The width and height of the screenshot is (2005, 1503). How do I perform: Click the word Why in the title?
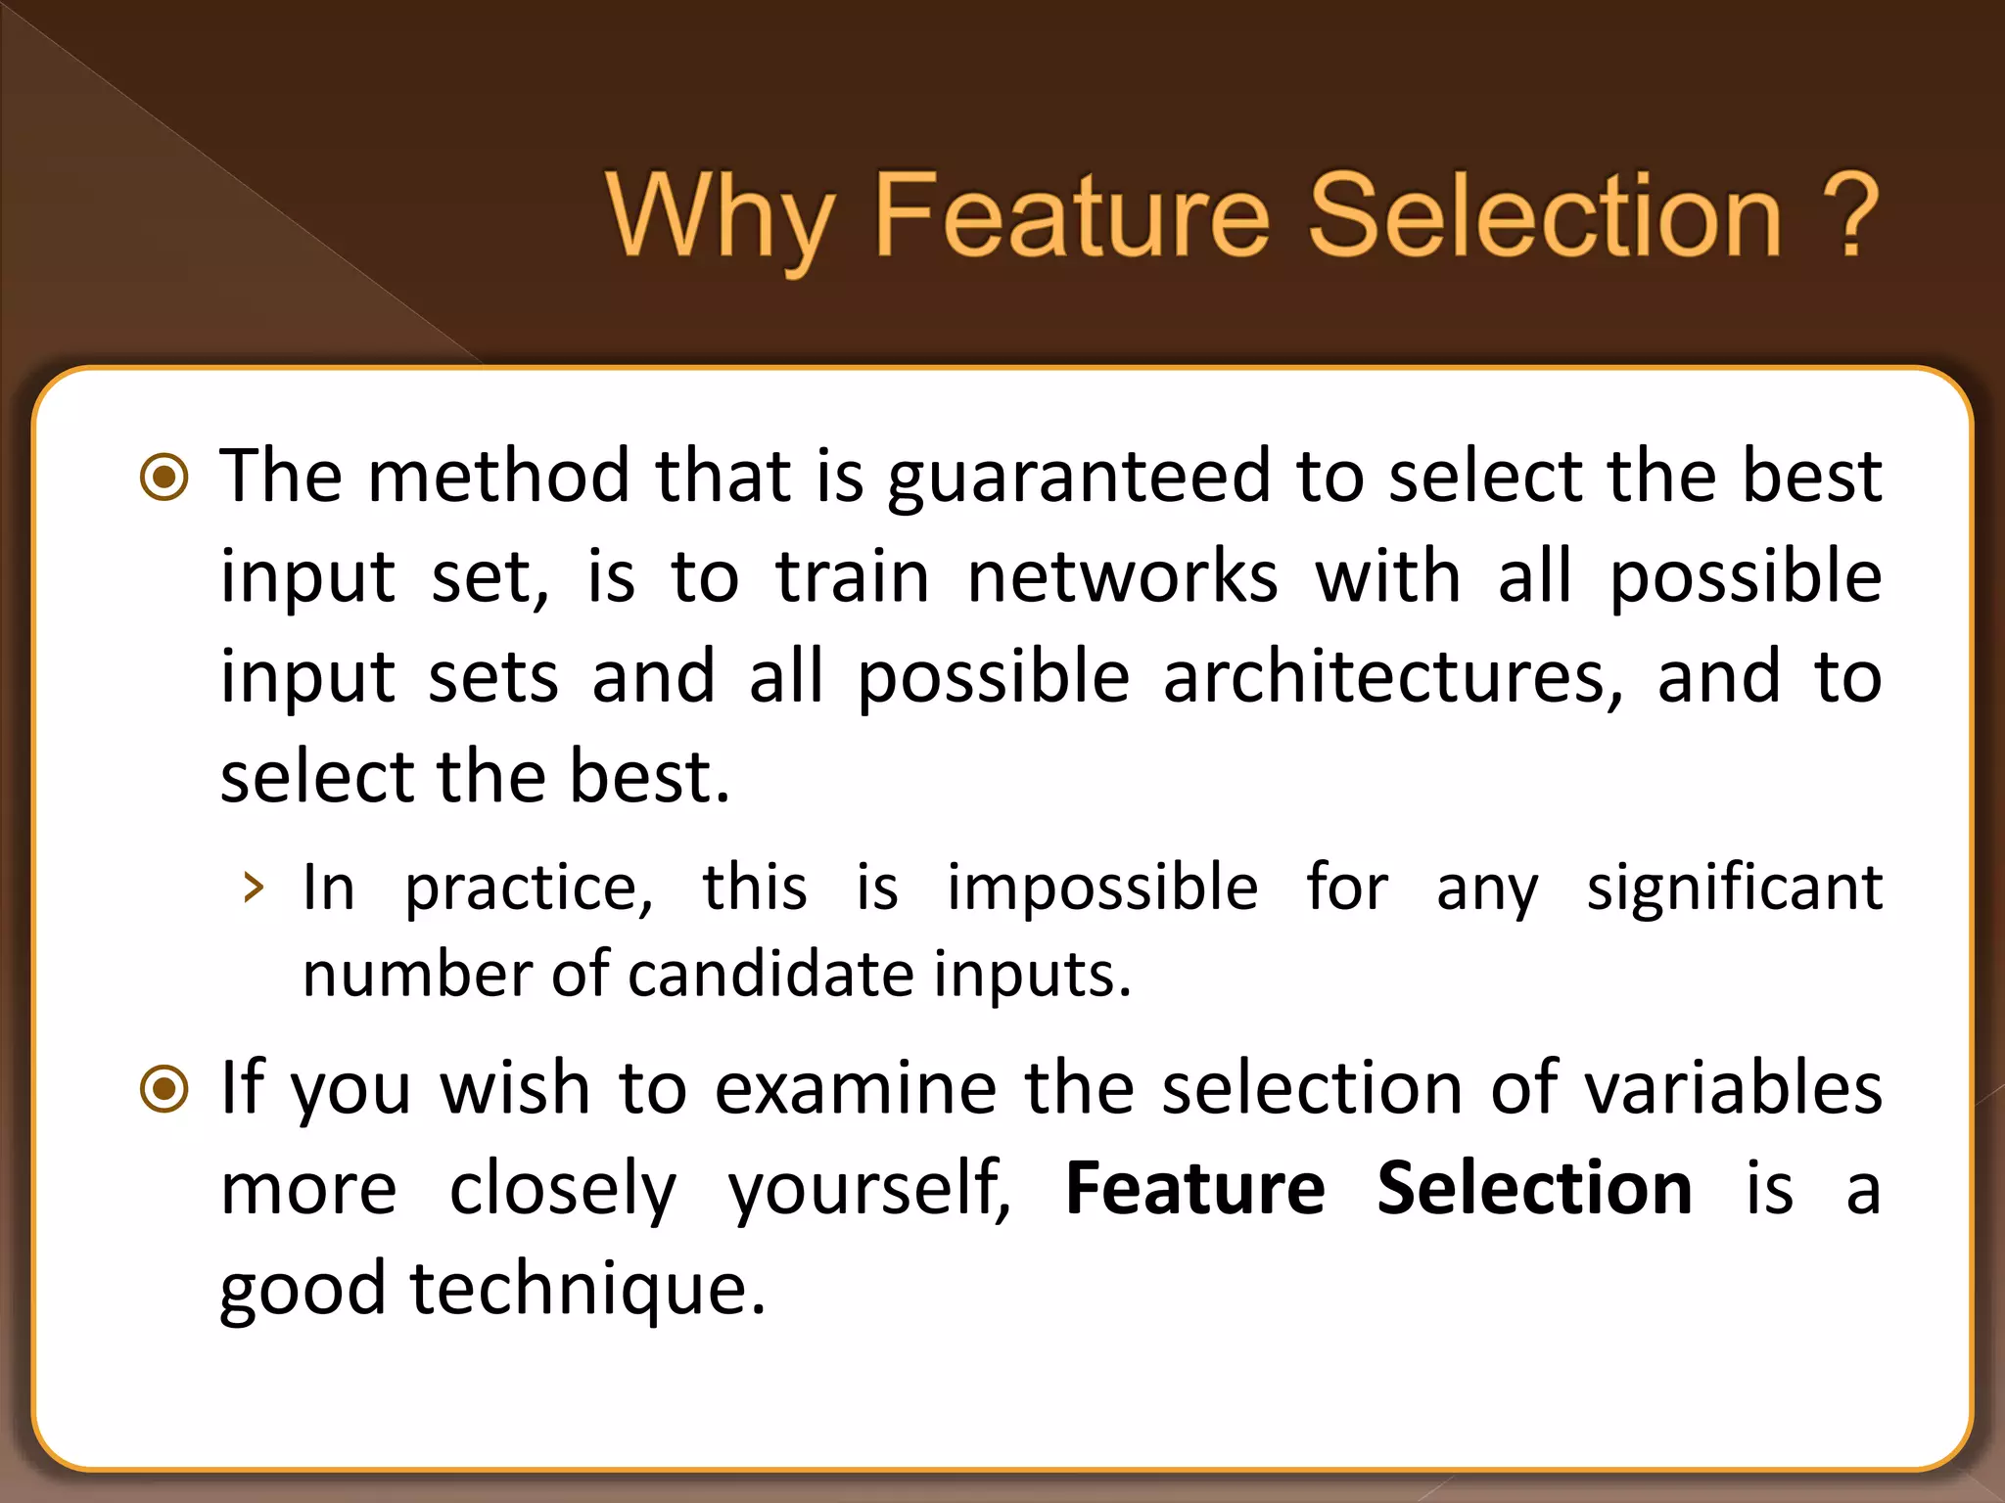(720, 217)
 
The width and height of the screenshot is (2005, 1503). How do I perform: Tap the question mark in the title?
(1846, 217)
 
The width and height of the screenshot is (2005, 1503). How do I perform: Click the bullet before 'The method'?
(164, 478)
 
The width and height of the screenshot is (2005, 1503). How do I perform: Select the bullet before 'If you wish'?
(164, 1089)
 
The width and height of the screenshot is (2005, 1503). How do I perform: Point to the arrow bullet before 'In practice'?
(254, 888)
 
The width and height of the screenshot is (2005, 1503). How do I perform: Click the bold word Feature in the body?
(1194, 1189)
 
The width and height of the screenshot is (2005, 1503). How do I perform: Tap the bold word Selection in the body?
(1534, 1189)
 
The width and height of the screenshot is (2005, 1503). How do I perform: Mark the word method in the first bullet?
(498, 478)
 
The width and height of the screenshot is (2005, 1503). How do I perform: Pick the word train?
(852, 577)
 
